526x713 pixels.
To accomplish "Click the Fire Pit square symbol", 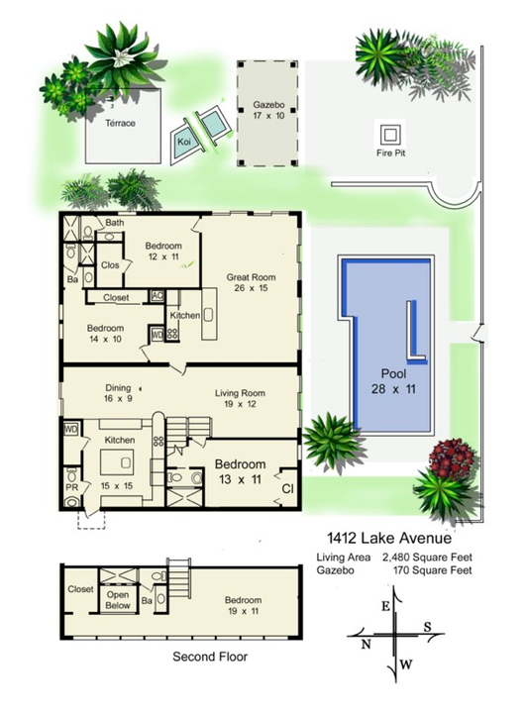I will point(388,133).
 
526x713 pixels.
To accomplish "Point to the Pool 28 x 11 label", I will point(393,382).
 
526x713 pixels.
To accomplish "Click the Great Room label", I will point(251,283).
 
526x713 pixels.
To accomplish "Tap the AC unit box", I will point(157,295).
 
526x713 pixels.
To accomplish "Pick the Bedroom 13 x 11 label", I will point(241,471).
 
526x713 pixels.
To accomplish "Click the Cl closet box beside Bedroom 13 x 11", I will point(286,488).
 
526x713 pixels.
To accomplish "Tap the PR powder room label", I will point(70,488).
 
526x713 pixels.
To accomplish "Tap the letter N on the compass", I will point(366,645).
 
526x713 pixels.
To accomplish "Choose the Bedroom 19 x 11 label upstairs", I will point(242,606).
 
